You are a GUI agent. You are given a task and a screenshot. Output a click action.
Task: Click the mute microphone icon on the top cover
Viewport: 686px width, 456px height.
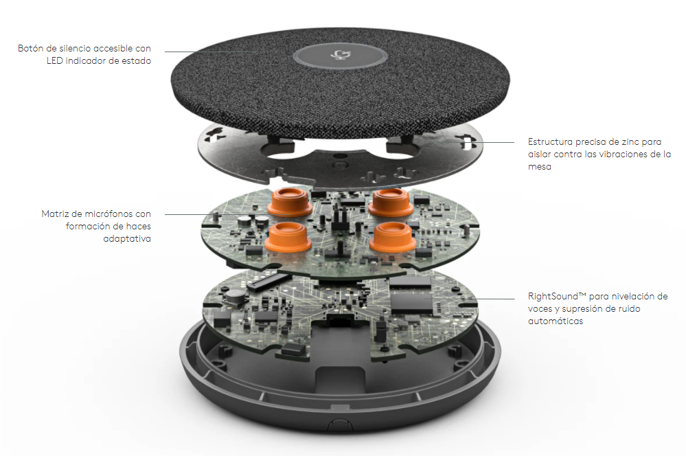click(x=339, y=55)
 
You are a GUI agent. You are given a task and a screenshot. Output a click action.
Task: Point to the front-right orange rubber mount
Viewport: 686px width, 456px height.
click(x=393, y=237)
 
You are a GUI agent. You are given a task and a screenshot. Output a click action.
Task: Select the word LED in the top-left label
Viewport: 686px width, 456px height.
click(x=55, y=60)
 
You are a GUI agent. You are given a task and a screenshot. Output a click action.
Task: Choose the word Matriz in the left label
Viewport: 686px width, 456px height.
click(x=55, y=214)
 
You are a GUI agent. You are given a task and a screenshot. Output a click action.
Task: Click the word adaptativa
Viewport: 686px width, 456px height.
click(x=127, y=239)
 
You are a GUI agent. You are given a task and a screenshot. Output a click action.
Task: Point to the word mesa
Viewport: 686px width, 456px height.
click(x=540, y=167)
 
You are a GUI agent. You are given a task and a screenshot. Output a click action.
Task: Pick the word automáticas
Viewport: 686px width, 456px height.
click(x=556, y=321)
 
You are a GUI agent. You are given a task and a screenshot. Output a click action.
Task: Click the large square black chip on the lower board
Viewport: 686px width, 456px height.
click(x=411, y=302)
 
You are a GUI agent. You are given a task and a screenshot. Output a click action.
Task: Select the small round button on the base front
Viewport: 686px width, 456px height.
click(x=341, y=424)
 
